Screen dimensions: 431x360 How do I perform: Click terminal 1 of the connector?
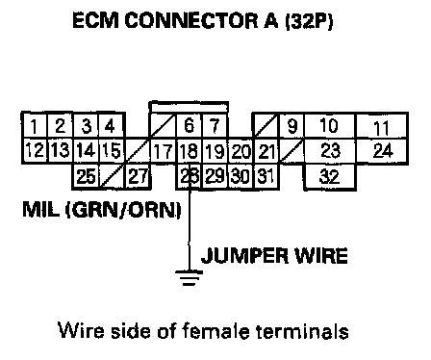pos(35,126)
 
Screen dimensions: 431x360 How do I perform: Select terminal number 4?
pos(112,126)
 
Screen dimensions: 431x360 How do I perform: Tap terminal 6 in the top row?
pos(190,126)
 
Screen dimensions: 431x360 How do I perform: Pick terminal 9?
pos(292,126)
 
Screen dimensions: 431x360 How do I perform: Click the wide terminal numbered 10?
pos(330,126)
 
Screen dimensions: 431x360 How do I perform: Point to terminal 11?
pos(382,126)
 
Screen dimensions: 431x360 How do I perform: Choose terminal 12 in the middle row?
pos(35,151)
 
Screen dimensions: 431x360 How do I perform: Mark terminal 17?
pos(164,151)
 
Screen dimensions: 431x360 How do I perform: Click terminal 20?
pos(241,151)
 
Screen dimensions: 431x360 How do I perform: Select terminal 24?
pos(382,151)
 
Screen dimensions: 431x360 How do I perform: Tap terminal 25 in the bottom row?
pos(86,176)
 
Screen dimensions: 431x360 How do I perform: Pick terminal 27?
pos(138,176)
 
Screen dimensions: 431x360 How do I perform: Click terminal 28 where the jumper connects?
pos(190,176)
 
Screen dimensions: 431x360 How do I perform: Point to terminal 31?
pos(266,176)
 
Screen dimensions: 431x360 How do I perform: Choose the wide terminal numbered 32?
pos(330,176)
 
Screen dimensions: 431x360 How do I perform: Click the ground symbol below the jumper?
pos(190,278)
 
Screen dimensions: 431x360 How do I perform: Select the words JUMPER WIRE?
pos(274,256)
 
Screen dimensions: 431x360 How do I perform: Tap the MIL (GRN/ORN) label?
pos(102,210)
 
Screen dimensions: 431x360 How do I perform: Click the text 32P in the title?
pos(309,21)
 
